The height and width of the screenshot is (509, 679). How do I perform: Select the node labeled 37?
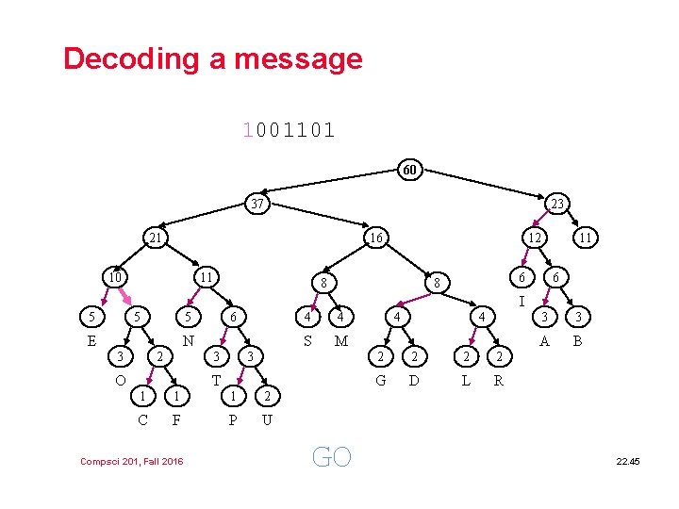pos(257,204)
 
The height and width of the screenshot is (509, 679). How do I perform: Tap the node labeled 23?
pos(558,204)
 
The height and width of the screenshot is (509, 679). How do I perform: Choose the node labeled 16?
pos(375,238)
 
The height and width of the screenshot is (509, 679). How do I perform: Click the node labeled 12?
pos(534,238)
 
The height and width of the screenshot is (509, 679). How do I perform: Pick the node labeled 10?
pos(115,277)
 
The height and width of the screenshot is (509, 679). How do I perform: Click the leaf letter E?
pos(91,341)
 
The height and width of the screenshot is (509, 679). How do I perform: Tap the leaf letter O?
pos(120,380)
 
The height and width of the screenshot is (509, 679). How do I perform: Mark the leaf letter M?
pos(341,341)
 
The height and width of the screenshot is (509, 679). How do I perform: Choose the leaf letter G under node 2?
pos(380,381)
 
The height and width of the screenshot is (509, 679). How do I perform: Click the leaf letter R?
pos(499,381)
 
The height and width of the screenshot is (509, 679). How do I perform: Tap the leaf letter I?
pos(522,303)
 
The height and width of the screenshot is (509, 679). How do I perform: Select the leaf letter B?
pos(578,341)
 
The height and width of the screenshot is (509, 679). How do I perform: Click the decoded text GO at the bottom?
pos(331,457)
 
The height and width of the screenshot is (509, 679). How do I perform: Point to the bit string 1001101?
pos(289,130)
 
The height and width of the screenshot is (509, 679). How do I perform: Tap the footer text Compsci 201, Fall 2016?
pos(132,460)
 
